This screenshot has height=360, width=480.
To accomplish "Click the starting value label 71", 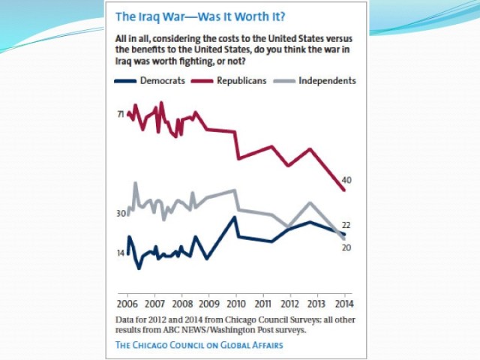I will coord(120,114).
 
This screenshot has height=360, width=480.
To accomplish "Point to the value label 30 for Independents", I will coord(120,214).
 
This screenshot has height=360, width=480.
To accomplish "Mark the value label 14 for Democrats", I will coord(120,253).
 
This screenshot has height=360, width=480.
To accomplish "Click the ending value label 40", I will coord(346,180).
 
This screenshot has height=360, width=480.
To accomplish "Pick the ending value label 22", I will coord(346,225).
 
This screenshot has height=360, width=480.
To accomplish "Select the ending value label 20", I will coord(346,247).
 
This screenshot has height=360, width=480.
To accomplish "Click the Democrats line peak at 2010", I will coord(235,217).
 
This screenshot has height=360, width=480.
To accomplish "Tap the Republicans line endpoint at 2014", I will coord(343,190).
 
